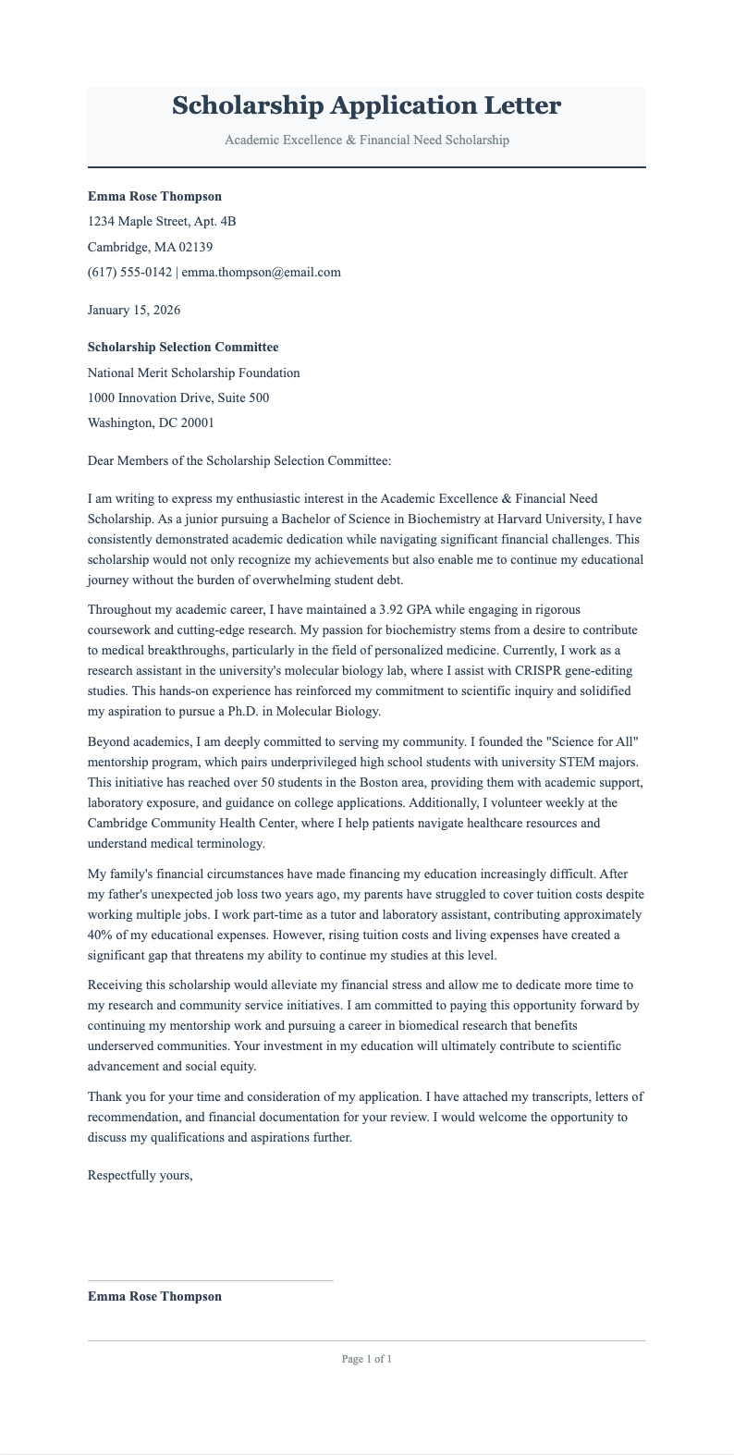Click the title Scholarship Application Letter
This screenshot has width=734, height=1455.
point(366,105)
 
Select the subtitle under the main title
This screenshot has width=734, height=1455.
point(366,140)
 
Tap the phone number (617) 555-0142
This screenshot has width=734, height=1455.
point(129,272)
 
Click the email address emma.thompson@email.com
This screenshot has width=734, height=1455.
point(262,272)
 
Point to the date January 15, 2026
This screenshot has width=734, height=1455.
point(133,310)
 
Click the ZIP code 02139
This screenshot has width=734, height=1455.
point(192,247)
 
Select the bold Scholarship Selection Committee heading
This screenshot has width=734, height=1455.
point(182,348)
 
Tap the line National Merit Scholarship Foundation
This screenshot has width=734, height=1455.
point(193,373)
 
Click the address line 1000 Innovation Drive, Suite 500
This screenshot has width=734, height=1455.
point(177,397)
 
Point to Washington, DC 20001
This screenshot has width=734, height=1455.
point(150,422)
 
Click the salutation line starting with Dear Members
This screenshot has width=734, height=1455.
point(239,460)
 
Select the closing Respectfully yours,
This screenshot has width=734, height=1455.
point(140,1176)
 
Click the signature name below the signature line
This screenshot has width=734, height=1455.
point(154,1296)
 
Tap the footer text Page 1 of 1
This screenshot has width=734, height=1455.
point(366,1359)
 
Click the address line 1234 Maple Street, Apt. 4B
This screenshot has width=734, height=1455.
point(162,221)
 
